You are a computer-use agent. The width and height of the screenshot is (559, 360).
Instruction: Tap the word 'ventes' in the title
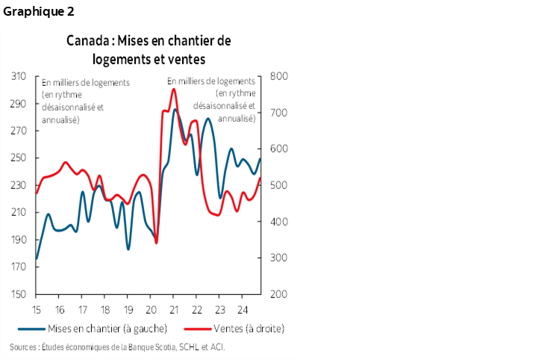tap(186, 58)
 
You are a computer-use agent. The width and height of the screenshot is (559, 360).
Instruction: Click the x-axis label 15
tap(36, 309)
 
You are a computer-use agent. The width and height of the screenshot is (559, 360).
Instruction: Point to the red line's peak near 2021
tap(173, 89)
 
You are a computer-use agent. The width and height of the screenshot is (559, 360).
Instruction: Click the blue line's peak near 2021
tap(175, 110)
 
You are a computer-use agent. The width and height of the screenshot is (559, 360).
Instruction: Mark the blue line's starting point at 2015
tap(36, 259)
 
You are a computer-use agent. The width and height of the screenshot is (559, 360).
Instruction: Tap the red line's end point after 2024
tap(260, 178)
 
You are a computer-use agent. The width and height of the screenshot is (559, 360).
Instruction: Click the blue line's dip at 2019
tap(128, 249)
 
